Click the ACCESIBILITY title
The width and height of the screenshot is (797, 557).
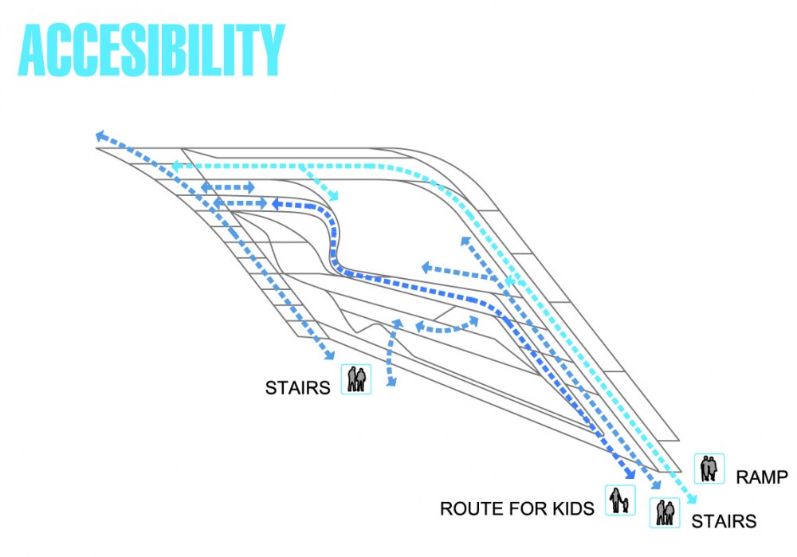point(151,50)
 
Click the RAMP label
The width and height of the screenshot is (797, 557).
point(761,477)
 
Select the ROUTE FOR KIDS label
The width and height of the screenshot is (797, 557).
point(517,508)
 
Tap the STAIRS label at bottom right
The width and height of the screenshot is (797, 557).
point(724,521)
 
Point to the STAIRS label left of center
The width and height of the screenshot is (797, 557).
point(297,388)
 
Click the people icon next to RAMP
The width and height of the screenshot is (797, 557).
point(709,468)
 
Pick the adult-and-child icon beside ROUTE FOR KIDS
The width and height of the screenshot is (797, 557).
point(620,500)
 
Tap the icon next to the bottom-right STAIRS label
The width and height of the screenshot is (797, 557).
point(665,512)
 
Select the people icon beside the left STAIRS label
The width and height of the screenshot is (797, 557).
point(355,379)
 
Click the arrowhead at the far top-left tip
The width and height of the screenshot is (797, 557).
point(100,135)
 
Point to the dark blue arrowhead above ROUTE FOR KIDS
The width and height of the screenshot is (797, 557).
point(630,473)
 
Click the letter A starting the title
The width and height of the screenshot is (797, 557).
point(33,50)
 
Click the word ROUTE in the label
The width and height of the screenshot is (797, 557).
point(465,508)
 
